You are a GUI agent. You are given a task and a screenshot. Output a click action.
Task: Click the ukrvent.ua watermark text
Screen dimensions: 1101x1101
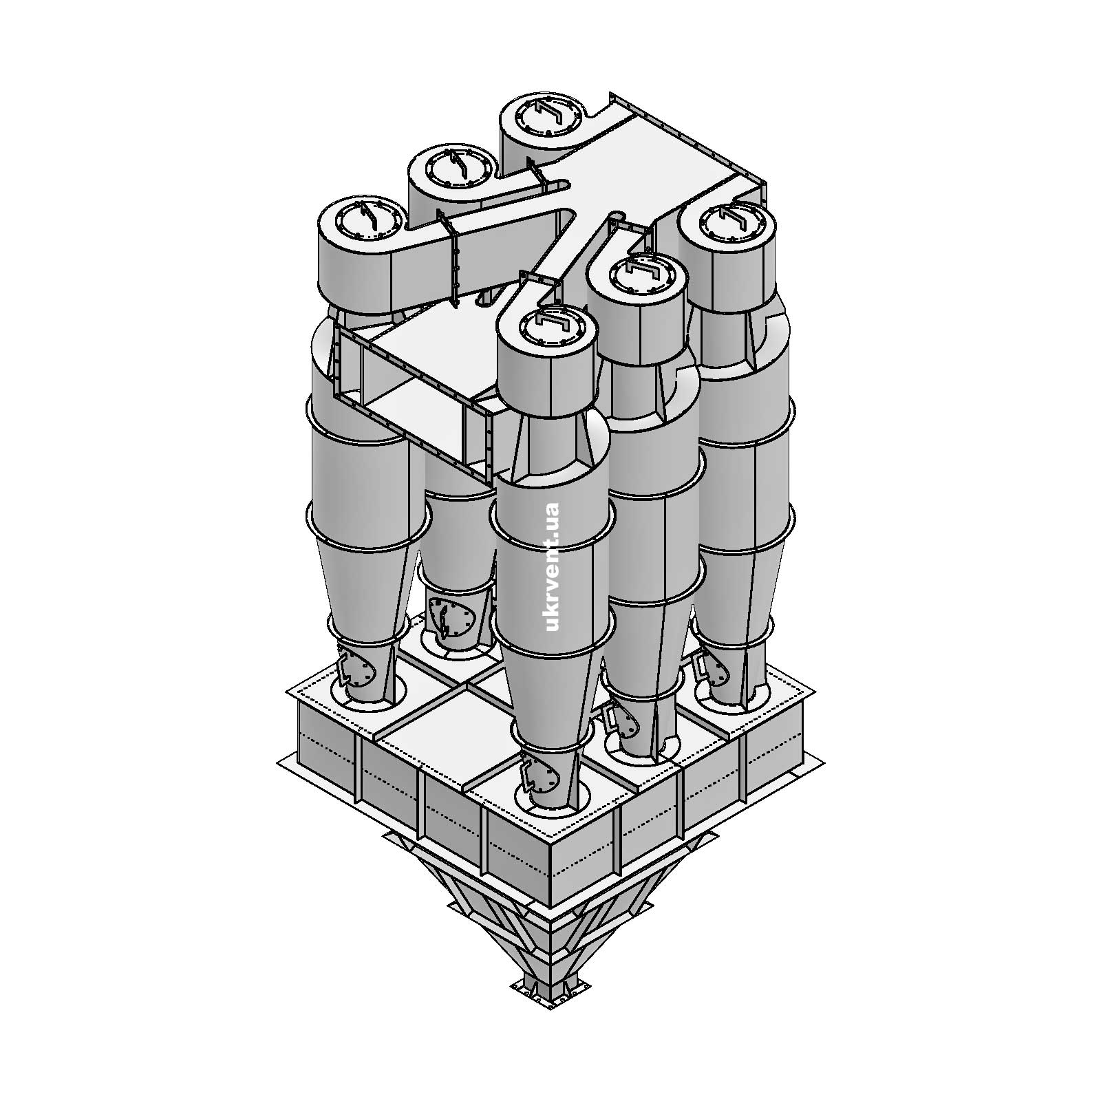pyautogui.click(x=551, y=566)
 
